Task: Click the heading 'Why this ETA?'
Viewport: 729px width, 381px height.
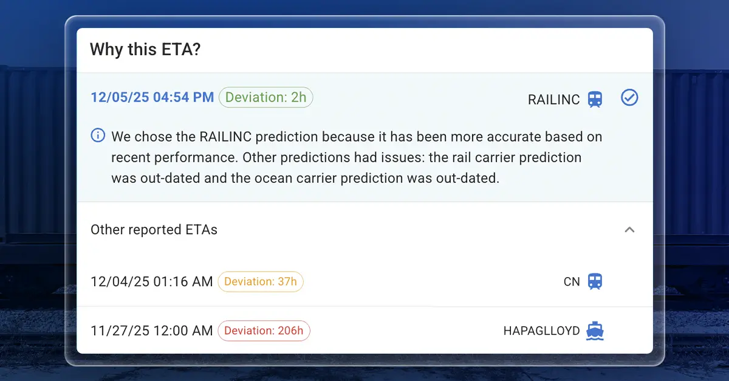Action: point(145,50)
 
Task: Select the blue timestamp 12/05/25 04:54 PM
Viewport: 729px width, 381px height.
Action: point(152,97)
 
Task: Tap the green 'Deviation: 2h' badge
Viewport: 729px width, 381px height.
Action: point(266,97)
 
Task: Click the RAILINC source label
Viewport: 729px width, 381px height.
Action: point(553,100)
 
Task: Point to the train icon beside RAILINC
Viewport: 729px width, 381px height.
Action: point(595,100)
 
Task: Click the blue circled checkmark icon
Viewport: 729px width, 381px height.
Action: point(629,97)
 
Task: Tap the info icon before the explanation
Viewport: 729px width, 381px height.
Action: point(98,136)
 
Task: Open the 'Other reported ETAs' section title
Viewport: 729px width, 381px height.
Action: point(154,230)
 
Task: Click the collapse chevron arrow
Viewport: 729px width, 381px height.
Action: point(629,230)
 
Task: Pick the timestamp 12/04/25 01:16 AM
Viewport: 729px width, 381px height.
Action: point(152,282)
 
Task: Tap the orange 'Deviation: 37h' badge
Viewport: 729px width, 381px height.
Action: point(261,282)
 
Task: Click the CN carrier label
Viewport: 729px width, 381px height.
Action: point(572,282)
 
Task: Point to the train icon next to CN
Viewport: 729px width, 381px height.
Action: point(595,282)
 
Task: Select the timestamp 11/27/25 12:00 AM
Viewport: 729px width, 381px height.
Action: point(152,331)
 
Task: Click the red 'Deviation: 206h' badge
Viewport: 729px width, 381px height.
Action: point(264,331)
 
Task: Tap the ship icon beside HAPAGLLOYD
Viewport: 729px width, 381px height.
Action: point(595,331)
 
